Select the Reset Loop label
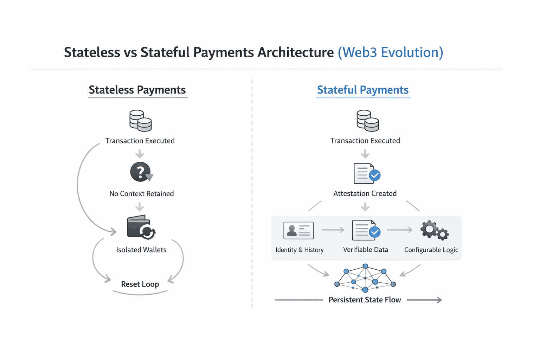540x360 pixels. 140,284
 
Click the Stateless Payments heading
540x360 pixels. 137,90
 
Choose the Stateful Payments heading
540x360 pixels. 362,90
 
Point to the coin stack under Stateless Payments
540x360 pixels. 140,121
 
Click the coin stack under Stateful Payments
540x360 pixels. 367,121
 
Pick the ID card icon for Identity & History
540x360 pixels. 298,231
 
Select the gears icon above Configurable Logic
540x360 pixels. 434,231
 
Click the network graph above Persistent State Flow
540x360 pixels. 365,278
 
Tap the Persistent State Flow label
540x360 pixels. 365,300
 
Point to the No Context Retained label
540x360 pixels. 141,194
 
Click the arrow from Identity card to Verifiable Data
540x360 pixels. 333,230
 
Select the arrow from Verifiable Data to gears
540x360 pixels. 400,230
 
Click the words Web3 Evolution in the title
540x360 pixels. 390,52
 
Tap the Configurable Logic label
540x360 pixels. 431,250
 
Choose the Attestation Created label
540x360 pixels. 365,194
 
